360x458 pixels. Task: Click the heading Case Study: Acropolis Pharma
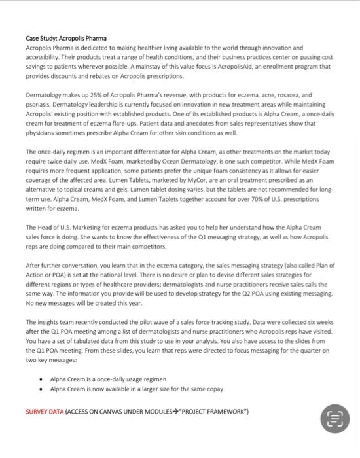tap(65, 39)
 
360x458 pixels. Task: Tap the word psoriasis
tap(37, 103)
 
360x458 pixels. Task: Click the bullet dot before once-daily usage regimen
tap(42, 379)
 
